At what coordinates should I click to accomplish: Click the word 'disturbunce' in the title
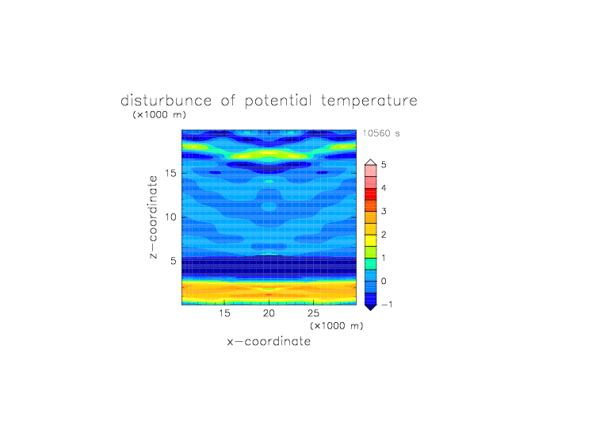166,101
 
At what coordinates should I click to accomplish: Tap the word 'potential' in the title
278,102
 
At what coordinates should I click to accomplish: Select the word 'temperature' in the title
369,102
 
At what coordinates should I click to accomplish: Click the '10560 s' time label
381,133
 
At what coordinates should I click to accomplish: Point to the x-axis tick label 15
224,313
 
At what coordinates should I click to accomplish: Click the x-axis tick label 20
269,313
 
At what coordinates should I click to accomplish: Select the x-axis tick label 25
313,313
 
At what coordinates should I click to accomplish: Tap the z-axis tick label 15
170,173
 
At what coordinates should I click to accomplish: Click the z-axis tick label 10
170,217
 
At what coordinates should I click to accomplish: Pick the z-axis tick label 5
174,261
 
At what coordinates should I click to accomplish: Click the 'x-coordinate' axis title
269,341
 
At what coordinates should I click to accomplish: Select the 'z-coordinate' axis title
153,217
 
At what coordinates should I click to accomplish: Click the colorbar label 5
384,165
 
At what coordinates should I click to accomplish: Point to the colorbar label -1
387,305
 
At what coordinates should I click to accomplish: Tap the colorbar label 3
384,211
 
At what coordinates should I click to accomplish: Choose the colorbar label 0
384,282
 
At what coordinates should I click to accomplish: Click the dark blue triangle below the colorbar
371,307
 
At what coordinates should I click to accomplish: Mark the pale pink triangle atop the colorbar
371,163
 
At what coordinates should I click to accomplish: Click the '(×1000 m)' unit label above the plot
159,114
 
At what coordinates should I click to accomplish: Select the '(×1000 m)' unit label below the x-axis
337,326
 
